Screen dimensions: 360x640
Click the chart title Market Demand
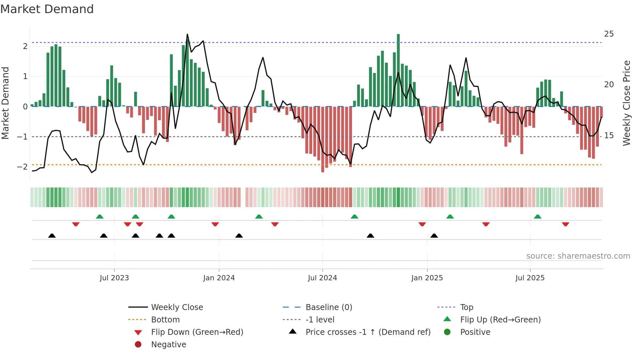coord(47,9)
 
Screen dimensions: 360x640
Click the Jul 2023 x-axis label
coord(114,278)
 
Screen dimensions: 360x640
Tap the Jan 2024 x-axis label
coord(219,278)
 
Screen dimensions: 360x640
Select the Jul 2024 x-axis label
coord(322,278)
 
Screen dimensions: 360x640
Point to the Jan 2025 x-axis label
coord(427,278)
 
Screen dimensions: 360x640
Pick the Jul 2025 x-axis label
coord(530,278)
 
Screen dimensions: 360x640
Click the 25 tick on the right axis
coord(609,34)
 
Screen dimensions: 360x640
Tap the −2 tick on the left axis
coord(22,167)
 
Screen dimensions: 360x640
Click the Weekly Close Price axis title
coord(626,103)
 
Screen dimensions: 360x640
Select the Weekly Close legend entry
coord(177,307)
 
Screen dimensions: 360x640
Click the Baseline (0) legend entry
coord(328,307)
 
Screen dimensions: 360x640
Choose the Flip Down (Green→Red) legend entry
coord(197,332)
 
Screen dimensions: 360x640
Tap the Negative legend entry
coord(168,345)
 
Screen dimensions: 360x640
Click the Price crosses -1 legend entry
coord(368,332)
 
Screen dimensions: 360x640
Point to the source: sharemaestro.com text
coord(578,256)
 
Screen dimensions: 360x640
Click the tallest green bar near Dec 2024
coord(398,70)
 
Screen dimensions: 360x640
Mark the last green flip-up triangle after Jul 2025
coord(537,217)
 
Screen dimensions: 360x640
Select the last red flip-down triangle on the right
coord(566,224)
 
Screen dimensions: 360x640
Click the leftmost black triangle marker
coord(52,236)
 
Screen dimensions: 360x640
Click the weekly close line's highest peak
coord(187,34)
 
